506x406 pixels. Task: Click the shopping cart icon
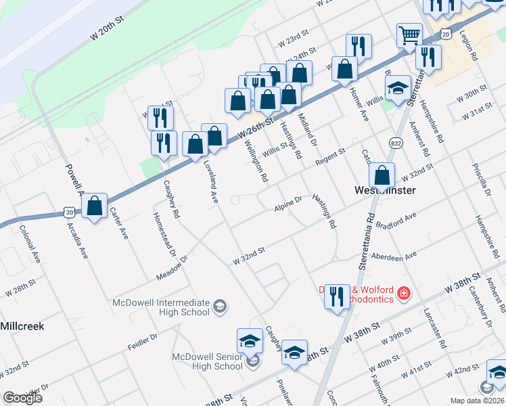[x=409, y=35]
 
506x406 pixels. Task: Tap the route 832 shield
[x=396, y=143]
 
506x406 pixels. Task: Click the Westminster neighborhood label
[x=385, y=190]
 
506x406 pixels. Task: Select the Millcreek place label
[x=22, y=325]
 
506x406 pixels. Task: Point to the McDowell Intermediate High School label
[x=161, y=307]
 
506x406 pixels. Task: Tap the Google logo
[x=22, y=397]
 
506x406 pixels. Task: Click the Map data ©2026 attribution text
[x=477, y=401]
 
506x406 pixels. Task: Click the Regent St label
[x=330, y=156]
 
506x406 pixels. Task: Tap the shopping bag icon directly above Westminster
[x=382, y=175]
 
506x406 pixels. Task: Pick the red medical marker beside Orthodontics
[x=404, y=293]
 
